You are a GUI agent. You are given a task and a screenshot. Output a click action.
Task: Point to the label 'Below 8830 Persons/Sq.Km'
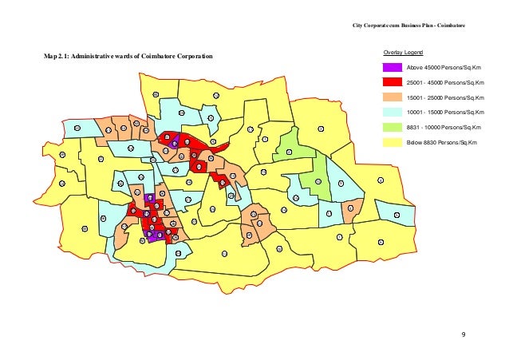(440, 141)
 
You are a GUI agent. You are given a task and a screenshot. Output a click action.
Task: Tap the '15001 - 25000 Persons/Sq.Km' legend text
(444, 98)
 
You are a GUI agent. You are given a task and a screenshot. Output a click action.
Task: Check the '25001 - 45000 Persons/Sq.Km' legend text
(444, 84)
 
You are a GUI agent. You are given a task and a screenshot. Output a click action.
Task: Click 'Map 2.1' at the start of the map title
(58, 58)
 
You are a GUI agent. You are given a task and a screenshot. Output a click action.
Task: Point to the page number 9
(464, 333)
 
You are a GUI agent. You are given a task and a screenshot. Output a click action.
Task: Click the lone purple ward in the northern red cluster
(174, 144)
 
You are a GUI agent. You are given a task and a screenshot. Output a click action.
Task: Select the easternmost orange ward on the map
(350, 209)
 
